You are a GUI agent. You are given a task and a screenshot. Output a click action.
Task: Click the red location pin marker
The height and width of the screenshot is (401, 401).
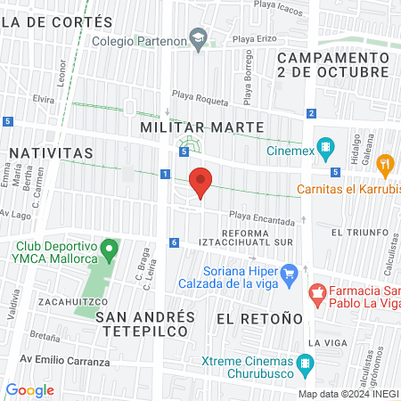pos(201,182)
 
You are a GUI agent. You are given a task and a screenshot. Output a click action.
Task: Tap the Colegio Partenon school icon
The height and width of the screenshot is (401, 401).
pos(200,39)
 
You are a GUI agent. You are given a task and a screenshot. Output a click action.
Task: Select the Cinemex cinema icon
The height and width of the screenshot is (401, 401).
pos(326,148)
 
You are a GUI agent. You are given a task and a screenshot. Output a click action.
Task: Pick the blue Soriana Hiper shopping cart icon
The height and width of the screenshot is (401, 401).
pos(288,273)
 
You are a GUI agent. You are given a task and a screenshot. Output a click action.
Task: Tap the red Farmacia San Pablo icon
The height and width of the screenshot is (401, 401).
pos(315,292)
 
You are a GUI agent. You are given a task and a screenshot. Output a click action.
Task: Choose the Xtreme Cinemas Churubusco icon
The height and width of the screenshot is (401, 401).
pos(306,363)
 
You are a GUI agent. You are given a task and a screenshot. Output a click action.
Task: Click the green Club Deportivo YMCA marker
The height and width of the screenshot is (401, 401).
pos(110,247)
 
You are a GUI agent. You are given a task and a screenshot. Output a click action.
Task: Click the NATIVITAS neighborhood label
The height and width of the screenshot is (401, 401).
pos(51,153)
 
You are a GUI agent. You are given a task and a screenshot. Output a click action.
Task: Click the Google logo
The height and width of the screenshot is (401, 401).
pos(29,389)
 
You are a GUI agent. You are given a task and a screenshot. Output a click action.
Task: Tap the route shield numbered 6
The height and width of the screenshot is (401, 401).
pos(174,242)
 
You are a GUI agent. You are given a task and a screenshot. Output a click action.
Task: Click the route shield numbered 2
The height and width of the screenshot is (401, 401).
pos(311,113)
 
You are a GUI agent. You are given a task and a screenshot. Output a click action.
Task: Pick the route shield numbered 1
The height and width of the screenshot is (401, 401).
pos(166,173)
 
